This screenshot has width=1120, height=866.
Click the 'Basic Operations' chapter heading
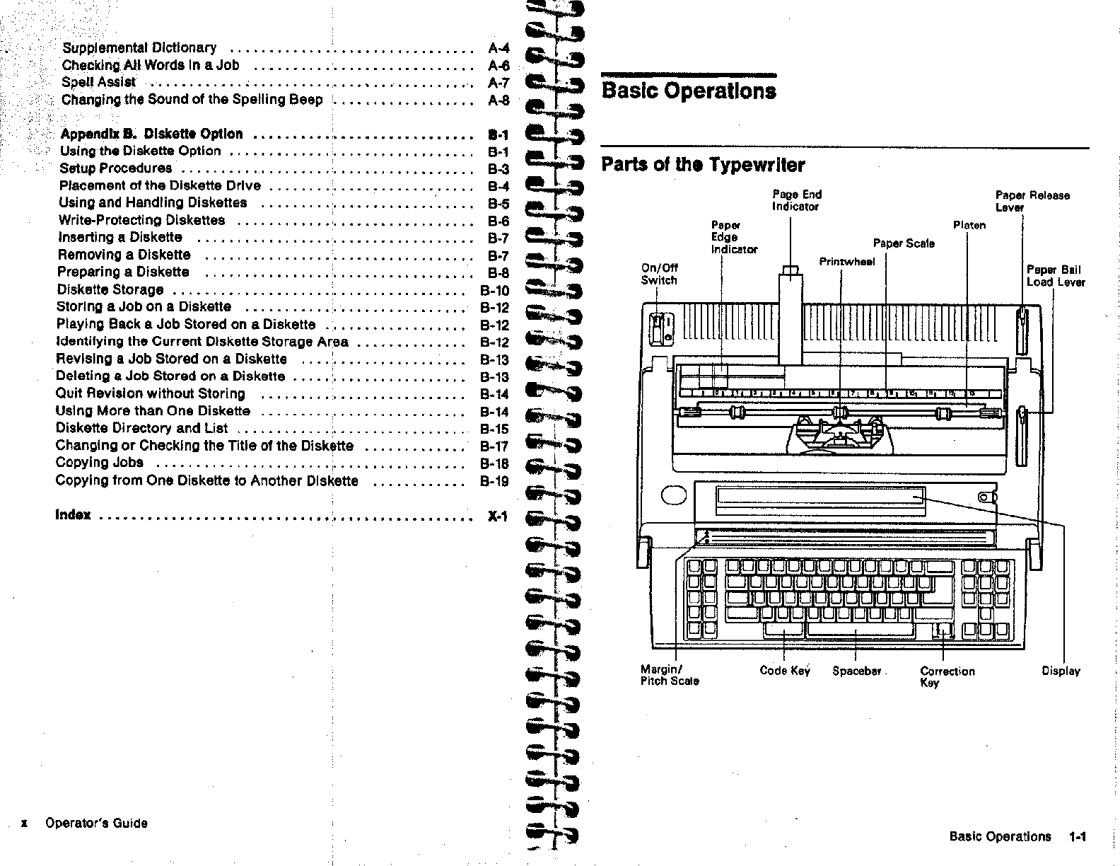point(688,91)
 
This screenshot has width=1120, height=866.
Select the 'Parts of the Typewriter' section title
point(703,165)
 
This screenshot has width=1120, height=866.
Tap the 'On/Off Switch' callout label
point(659,274)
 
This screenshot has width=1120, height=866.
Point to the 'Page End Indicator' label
point(796,200)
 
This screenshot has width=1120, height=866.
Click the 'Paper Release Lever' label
point(1032,201)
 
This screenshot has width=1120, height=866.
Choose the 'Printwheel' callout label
point(846,262)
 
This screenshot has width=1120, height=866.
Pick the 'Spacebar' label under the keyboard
point(856,671)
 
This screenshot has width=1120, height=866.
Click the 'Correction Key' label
point(947,676)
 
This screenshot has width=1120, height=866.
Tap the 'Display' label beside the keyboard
point(1061,671)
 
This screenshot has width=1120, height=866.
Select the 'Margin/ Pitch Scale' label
point(669,675)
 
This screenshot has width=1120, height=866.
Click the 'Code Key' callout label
point(784,671)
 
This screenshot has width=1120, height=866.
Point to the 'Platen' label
point(969,226)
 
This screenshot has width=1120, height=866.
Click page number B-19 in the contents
point(494,481)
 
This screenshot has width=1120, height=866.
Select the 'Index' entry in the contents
point(73,514)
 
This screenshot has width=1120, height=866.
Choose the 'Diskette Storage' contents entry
point(110,289)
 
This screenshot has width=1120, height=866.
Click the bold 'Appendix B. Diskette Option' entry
point(151,134)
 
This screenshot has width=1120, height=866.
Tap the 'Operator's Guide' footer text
point(96,823)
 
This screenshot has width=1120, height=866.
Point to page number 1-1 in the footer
point(1078,837)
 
